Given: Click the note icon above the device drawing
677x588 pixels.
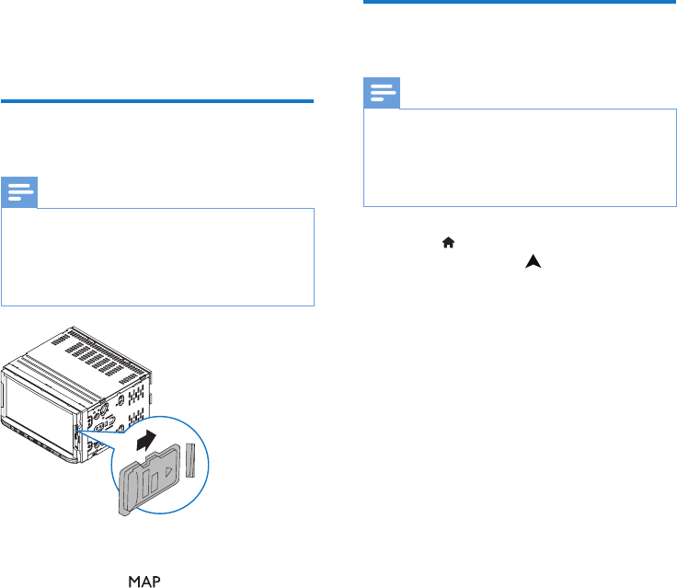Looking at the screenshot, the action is pos(19,193).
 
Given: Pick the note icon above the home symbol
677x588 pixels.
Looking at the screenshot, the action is pos(382,94).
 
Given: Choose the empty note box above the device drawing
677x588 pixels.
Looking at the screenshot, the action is pos(157,257).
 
